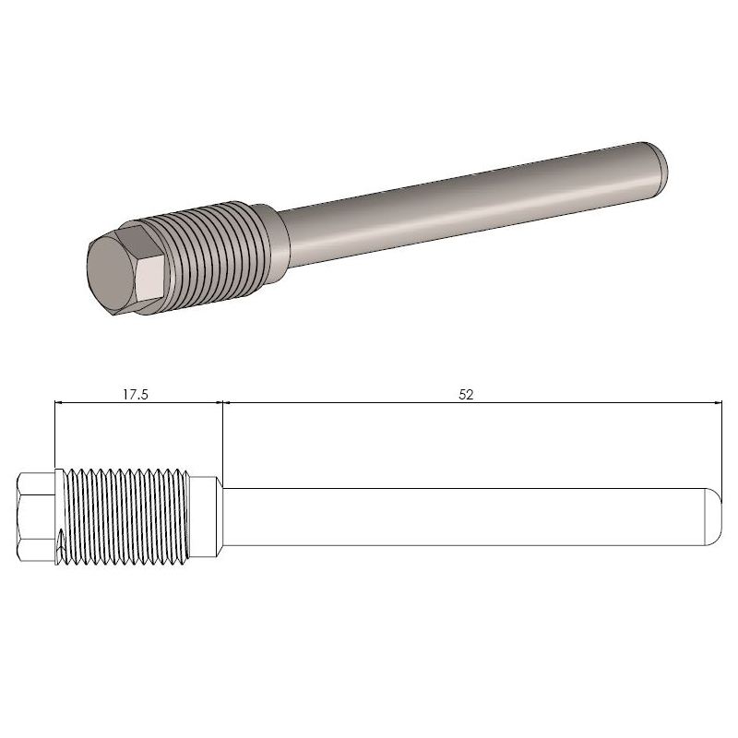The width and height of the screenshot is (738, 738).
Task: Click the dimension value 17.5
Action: [136, 393]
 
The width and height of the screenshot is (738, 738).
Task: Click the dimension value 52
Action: [466, 393]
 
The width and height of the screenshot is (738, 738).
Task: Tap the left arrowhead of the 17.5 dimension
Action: [60, 403]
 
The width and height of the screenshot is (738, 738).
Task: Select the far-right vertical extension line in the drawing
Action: [720, 443]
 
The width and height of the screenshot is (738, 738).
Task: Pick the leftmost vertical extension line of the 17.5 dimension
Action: [54, 434]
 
